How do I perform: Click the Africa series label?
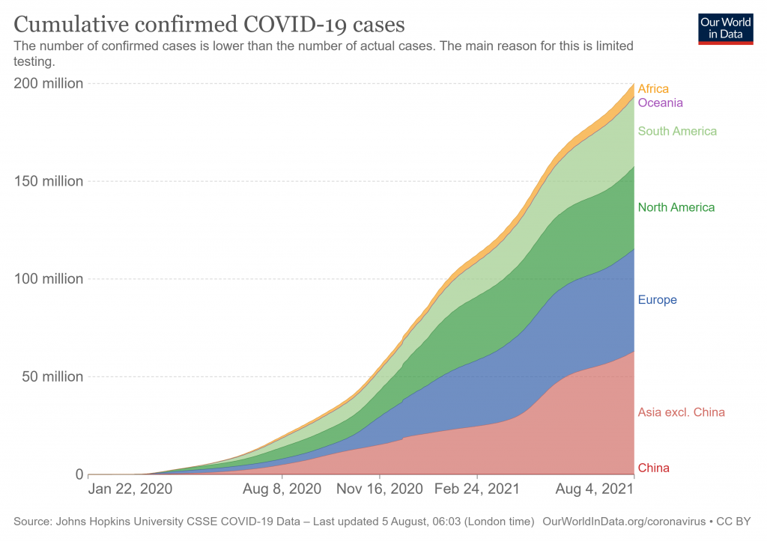click(x=653, y=89)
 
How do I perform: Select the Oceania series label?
click(x=660, y=103)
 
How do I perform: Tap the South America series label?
click(x=677, y=132)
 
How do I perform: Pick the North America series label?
click(x=676, y=207)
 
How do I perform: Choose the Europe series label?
click(x=657, y=300)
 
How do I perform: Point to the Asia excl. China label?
click(x=681, y=412)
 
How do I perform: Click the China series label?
click(x=653, y=468)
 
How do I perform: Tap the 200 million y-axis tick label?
click(x=49, y=83)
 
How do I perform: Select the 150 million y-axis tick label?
click(x=49, y=181)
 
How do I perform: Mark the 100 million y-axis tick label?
click(x=49, y=279)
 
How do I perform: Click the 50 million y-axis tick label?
click(x=52, y=376)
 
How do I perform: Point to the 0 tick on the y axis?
click(x=78, y=474)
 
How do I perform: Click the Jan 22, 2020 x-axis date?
click(x=130, y=489)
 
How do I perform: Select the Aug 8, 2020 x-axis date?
click(x=282, y=489)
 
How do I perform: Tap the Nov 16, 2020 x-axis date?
click(x=381, y=489)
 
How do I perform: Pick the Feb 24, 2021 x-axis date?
click(x=478, y=489)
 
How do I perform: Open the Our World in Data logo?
click(x=725, y=28)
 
